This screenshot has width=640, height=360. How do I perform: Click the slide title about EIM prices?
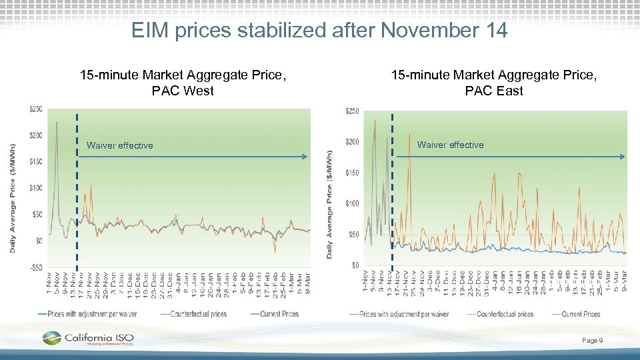point(319,30)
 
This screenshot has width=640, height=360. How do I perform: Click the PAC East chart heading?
point(494,83)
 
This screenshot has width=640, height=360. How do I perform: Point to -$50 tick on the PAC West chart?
point(35,267)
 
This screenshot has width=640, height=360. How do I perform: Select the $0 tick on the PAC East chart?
point(355,265)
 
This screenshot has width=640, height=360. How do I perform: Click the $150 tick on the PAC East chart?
point(351,173)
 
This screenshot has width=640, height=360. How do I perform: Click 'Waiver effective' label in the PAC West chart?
point(119,145)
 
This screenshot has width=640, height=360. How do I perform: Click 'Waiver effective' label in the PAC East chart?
point(451,145)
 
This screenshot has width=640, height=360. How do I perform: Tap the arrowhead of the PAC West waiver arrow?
point(305,157)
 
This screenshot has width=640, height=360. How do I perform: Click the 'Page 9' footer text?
point(592,341)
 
